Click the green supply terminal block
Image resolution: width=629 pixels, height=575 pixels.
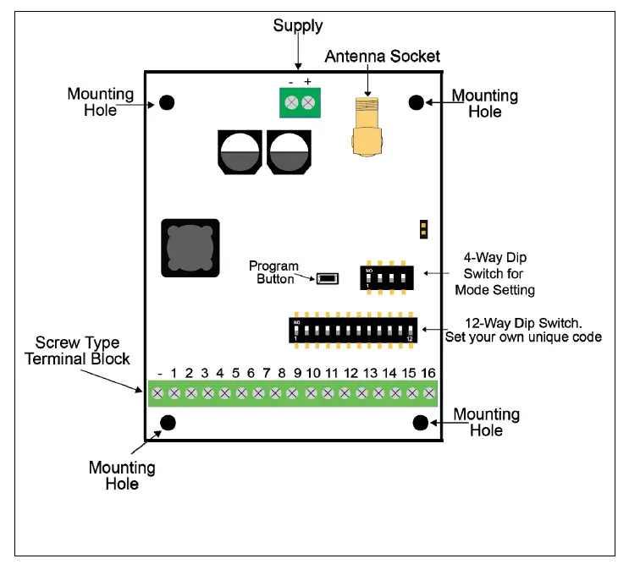300,102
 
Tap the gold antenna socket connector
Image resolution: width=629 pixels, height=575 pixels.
367,127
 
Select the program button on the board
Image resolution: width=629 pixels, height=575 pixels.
328,278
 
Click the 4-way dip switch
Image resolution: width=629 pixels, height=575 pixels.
387,277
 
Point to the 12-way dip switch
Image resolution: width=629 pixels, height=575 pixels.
353,330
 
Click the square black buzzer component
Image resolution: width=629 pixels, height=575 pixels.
190,248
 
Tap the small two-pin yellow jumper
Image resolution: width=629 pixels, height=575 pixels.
423,229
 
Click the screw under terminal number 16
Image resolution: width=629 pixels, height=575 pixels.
429,393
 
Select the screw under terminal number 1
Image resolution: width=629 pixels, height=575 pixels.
174,393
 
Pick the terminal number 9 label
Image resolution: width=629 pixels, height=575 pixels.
297,374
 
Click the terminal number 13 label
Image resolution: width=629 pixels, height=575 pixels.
370,374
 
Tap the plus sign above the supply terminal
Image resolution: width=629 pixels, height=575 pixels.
307,82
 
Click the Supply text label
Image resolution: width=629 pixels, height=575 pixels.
298,26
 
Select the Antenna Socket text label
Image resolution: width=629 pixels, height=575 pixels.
383,57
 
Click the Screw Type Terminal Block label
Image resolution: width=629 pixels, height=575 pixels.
77,351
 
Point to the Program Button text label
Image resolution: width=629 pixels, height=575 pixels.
273,272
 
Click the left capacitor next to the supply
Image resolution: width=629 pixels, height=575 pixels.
240,152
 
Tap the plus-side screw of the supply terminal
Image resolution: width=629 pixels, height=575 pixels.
308,103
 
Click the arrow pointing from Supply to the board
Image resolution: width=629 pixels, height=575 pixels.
298,52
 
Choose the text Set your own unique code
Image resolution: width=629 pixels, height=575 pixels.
523,337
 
